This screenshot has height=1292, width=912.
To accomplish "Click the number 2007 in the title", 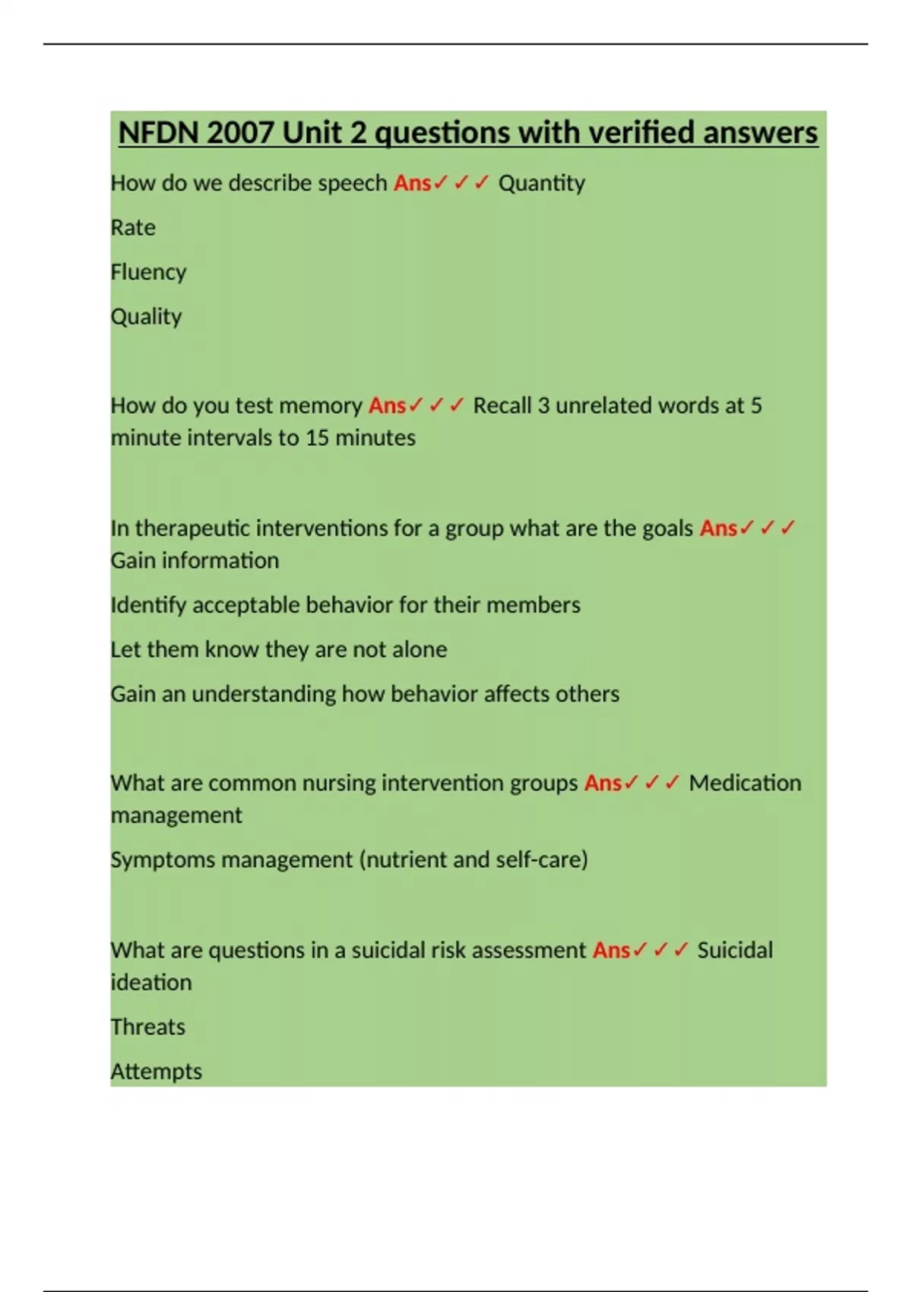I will [239, 133].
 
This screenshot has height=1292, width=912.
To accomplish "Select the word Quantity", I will [541, 183].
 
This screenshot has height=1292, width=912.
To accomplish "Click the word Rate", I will [133, 227].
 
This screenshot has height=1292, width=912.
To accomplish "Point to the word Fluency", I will [148, 272].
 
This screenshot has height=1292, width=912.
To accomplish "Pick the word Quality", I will [146, 316].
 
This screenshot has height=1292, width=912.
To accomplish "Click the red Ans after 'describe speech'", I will [412, 183].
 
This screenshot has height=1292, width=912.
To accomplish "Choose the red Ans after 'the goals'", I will [718, 528].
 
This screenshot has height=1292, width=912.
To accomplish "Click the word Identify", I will [148, 605].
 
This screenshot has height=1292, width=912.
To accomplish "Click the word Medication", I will [745, 783].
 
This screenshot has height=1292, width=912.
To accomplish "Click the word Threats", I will [147, 1027].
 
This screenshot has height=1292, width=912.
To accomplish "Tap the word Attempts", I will [156, 1072].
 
